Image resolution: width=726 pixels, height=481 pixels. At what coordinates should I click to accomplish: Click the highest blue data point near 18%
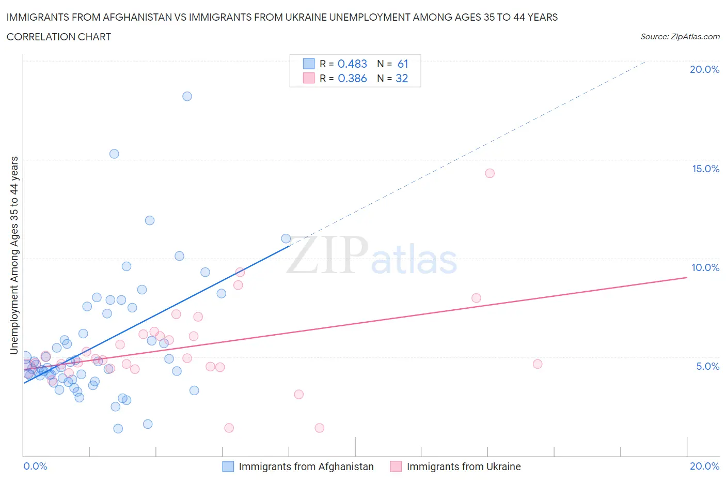[x=187, y=96]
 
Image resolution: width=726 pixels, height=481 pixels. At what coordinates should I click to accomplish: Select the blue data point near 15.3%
[x=114, y=154]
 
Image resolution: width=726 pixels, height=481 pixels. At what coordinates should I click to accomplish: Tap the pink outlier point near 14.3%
[x=490, y=173]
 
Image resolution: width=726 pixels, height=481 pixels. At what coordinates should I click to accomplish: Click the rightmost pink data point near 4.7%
[x=538, y=364]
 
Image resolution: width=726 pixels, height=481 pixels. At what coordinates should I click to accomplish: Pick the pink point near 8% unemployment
[x=476, y=298]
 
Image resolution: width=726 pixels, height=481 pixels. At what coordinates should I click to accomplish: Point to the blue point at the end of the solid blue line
[x=286, y=238]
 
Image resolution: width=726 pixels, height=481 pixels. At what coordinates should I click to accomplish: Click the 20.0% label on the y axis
[x=704, y=69]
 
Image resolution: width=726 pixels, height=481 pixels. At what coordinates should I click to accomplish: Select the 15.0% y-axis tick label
[x=705, y=169]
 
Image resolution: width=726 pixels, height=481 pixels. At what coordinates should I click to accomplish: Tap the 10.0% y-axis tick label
[x=705, y=267]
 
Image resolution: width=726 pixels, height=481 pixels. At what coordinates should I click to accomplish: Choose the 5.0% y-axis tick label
[x=707, y=366]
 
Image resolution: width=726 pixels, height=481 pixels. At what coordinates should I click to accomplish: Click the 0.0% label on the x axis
[x=35, y=466]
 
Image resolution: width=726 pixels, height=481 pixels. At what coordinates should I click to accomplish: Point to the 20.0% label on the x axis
[x=704, y=466]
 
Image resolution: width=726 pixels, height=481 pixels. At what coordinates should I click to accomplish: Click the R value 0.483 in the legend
[x=352, y=64]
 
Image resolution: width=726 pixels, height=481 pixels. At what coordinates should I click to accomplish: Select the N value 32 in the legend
[x=402, y=78]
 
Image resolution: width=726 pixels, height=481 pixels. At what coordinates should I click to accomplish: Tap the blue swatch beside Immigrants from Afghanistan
[x=228, y=467]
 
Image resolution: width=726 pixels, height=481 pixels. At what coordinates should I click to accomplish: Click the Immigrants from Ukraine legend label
[x=463, y=467]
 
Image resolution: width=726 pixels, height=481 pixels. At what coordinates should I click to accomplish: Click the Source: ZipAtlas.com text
[x=680, y=36]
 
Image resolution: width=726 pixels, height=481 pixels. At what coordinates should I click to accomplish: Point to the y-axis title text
[x=14, y=255]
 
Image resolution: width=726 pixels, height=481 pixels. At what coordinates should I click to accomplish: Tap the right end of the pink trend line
[x=687, y=277]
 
